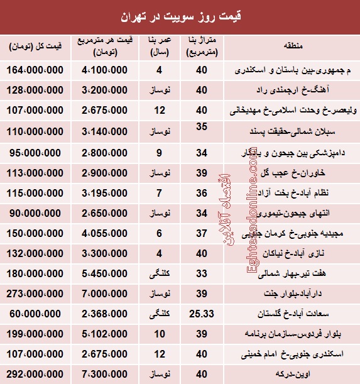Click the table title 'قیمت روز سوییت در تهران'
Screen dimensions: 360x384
180,14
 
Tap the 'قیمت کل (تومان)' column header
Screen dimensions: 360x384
36,47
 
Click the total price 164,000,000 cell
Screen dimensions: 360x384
36,71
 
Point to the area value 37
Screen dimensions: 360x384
201,232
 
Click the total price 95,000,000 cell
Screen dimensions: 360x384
36,151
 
